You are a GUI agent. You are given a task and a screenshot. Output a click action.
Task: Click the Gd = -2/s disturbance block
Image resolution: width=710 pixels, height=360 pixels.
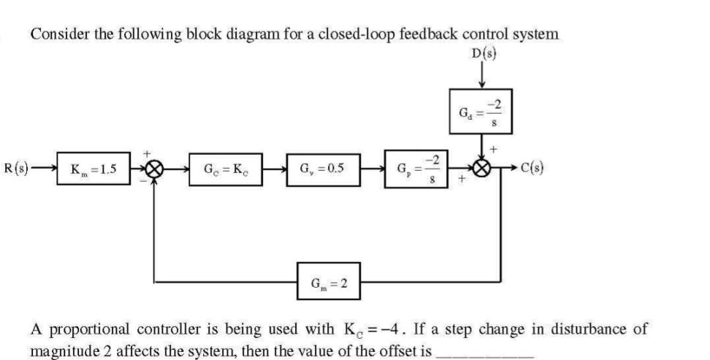point(479,115)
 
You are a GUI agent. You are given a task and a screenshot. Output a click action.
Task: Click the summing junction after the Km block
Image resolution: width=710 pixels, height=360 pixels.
point(153,171)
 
